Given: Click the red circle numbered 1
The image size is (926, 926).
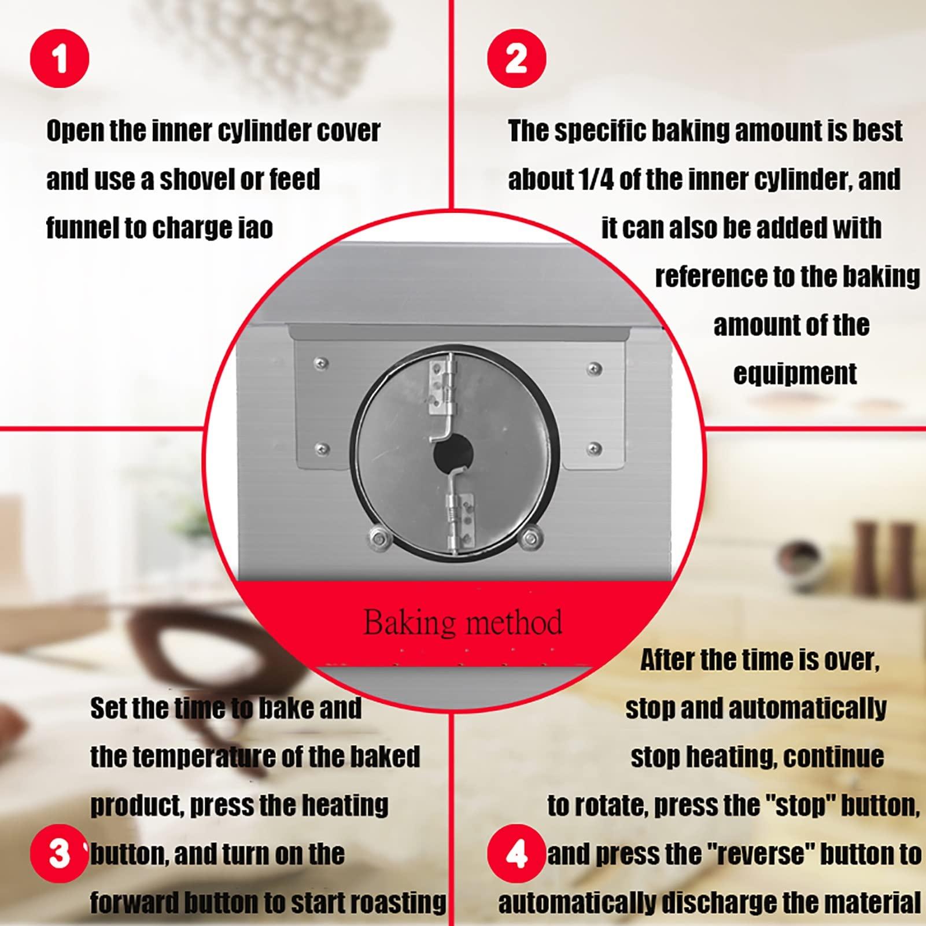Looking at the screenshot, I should pos(60,58).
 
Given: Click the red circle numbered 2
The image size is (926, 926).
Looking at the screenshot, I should pos(517,58).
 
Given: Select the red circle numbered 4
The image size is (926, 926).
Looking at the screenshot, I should pos(517,854).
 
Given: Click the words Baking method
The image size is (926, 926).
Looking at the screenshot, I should pos(463,622).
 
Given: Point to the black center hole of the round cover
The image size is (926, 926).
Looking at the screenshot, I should pos(453,455).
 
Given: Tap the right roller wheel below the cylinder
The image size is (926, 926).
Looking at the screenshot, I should pos(527,538).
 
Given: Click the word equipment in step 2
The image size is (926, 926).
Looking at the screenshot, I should pos(795,374).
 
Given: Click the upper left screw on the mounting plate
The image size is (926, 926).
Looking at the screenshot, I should pos(321,363).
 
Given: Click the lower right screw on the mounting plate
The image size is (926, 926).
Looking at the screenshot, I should pos(594,448).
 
